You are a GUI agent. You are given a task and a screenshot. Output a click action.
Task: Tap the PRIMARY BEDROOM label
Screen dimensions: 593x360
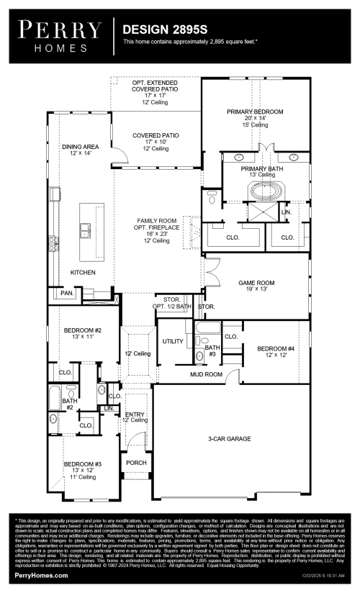click(x=255, y=112)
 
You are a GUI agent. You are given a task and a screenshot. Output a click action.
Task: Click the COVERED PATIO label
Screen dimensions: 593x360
click(x=156, y=135)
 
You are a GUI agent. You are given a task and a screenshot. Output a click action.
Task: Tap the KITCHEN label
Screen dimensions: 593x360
click(x=82, y=273)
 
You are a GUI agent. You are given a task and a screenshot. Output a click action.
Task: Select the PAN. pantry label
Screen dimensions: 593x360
click(x=68, y=293)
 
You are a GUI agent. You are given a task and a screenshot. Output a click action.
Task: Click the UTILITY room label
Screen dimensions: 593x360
click(x=173, y=341)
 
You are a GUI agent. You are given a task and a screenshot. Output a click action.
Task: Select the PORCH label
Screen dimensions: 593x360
click(x=136, y=463)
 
